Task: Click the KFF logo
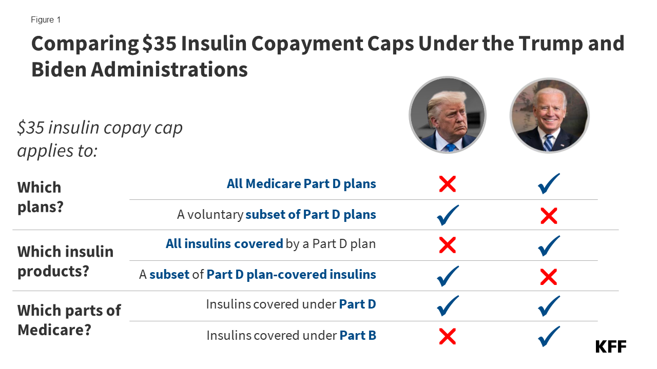tap(611, 346)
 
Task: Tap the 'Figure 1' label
tap(46, 20)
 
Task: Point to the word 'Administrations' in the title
tap(169, 70)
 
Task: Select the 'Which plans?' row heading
tap(40, 197)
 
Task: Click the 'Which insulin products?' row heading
tap(65, 261)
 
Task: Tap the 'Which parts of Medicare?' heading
tap(69, 320)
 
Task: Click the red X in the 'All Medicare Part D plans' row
tap(448, 184)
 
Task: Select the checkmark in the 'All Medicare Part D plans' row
tap(549, 184)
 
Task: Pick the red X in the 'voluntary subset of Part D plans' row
tap(549, 216)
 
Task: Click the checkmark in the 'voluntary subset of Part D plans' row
tap(448, 215)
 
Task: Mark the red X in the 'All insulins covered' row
tap(448, 245)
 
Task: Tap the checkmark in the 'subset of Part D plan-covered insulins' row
tap(448, 276)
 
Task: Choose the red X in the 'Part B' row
tap(448, 336)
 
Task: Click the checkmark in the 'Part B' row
tap(549, 336)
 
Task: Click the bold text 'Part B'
tap(358, 336)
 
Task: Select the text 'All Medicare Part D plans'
tap(301, 183)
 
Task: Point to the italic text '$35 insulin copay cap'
tap(100, 128)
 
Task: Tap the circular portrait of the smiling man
tap(549, 115)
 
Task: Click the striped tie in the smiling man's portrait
tap(549, 142)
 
